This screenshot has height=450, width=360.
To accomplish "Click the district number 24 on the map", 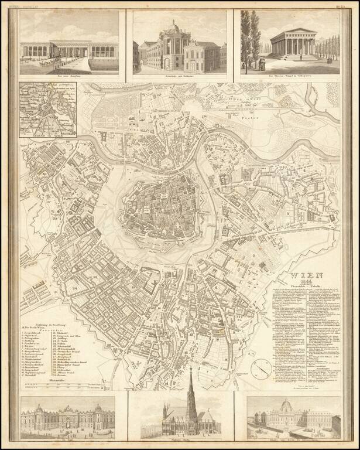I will pyautogui.click(x=75, y=288).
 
